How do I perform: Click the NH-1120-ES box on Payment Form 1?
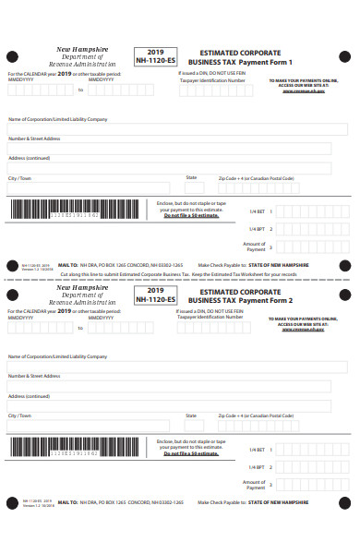click(x=155, y=58)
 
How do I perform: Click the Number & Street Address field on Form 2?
click(x=168, y=384)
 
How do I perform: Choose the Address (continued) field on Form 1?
click(x=168, y=167)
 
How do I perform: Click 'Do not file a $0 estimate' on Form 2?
click(x=191, y=453)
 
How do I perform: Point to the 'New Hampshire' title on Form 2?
click(x=81, y=287)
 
